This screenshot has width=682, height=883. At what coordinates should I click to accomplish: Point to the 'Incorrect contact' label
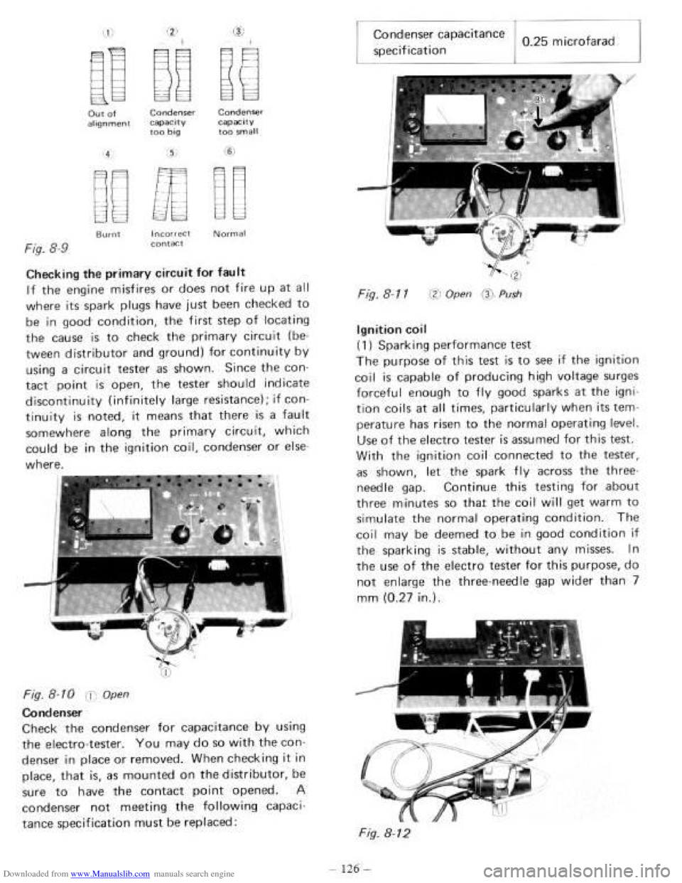tap(173, 237)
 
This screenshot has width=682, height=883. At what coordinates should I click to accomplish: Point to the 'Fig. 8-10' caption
tap(67, 693)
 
